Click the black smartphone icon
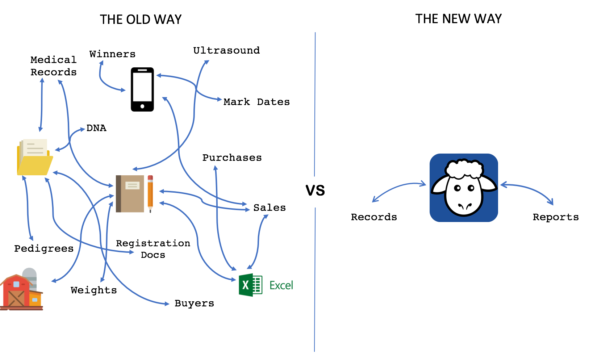(x=142, y=89)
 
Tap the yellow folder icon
(x=35, y=158)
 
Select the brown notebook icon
(x=130, y=193)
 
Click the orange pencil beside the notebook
(x=150, y=193)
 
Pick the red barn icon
(x=21, y=292)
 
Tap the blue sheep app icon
(x=464, y=188)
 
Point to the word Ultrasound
(x=226, y=50)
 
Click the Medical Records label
(x=54, y=66)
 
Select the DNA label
(x=96, y=128)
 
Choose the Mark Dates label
(x=256, y=102)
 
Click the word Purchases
(x=232, y=158)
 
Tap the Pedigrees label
(x=44, y=248)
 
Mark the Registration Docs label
(x=153, y=249)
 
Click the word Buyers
(x=194, y=303)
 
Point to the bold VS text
(x=315, y=191)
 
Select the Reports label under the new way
(x=556, y=217)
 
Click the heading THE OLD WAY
(x=141, y=20)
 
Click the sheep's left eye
(x=458, y=188)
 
